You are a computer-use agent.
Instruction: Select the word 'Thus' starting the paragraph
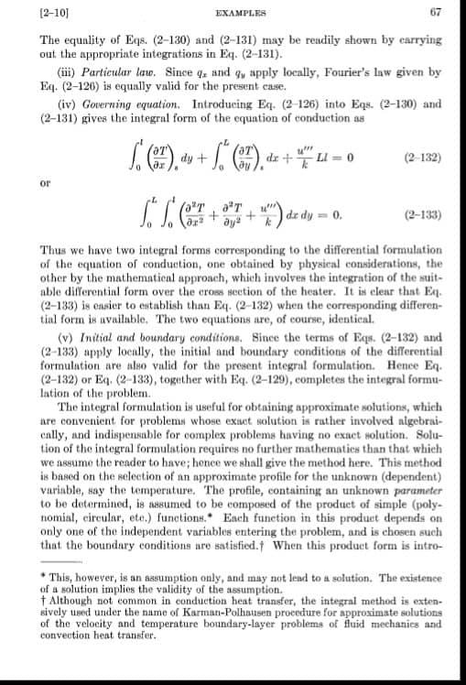pos(52,248)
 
